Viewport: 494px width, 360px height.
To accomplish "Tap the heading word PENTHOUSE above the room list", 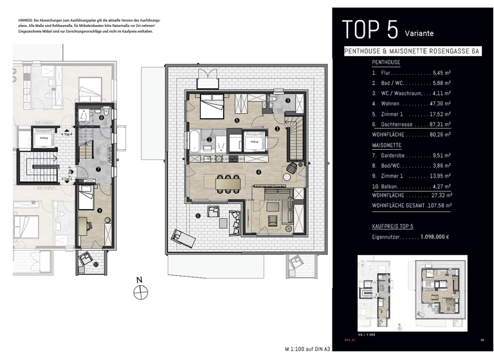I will coord(386,62).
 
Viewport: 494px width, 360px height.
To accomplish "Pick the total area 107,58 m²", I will coord(437,205).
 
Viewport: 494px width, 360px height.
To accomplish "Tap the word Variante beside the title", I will coord(419,34).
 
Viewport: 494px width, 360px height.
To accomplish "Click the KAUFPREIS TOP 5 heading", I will coord(392,227).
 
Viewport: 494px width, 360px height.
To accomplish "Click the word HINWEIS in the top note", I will coord(28,21).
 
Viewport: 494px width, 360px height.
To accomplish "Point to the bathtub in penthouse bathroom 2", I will coord(194,140).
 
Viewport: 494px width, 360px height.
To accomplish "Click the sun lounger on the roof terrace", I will coord(183,238).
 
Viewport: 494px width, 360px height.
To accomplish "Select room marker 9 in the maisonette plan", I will coord(98,210).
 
